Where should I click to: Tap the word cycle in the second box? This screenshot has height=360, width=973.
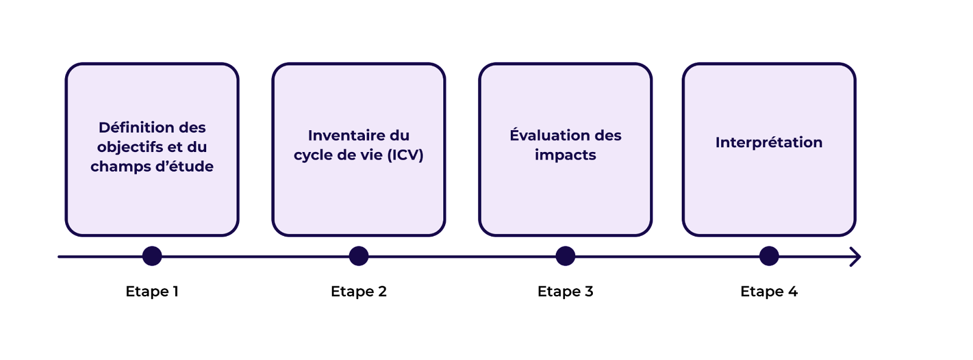(x=313, y=155)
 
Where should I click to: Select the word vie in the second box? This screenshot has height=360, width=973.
(x=371, y=155)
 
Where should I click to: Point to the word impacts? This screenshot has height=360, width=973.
(x=566, y=155)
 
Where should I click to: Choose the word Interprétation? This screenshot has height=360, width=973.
(x=769, y=142)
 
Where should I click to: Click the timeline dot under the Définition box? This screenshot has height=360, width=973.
(x=152, y=256)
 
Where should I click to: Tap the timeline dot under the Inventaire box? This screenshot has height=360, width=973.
(x=359, y=256)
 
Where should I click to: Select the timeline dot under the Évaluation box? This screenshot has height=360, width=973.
(x=566, y=256)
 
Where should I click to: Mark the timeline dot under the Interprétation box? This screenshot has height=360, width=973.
(x=769, y=256)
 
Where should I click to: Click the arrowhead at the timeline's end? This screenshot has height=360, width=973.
(x=856, y=257)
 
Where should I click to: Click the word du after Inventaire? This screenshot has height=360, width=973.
(x=400, y=136)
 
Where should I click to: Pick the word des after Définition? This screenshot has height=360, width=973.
(x=192, y=128)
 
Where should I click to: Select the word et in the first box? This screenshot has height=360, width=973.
(x=175, y=147)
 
